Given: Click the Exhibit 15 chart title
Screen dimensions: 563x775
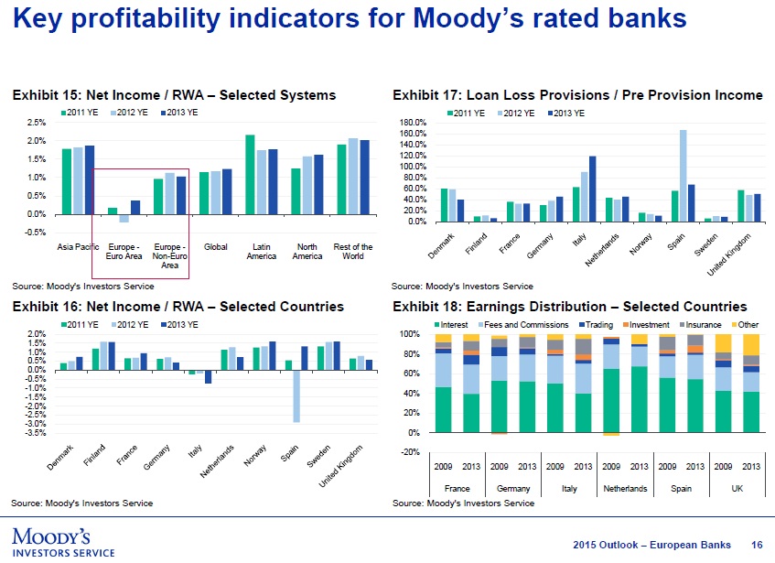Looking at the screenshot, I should (173, 95).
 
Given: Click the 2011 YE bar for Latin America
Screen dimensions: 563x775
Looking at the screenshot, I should (250, 174).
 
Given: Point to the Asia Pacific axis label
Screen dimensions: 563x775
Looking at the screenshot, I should (78, 247).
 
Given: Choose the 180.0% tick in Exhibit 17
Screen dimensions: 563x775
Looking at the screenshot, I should (416, 123).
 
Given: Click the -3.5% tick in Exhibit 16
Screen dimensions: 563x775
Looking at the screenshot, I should (35, 433).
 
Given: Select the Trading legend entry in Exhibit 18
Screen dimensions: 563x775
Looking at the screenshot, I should (597, 325).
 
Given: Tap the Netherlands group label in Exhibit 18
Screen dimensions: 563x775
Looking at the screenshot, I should (626, 489).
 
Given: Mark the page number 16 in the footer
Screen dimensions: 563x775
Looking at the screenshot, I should (757, 546).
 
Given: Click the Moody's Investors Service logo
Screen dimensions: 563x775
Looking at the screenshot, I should (62, 541).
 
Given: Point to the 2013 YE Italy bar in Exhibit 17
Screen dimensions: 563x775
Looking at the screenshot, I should (592, 189).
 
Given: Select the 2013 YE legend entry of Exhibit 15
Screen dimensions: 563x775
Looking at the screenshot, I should (178, 112).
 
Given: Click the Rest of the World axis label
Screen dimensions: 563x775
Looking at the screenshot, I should (353, 252).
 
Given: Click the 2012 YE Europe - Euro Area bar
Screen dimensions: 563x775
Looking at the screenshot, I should (124, 219).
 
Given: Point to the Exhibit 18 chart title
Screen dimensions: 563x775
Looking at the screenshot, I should (569, 307).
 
